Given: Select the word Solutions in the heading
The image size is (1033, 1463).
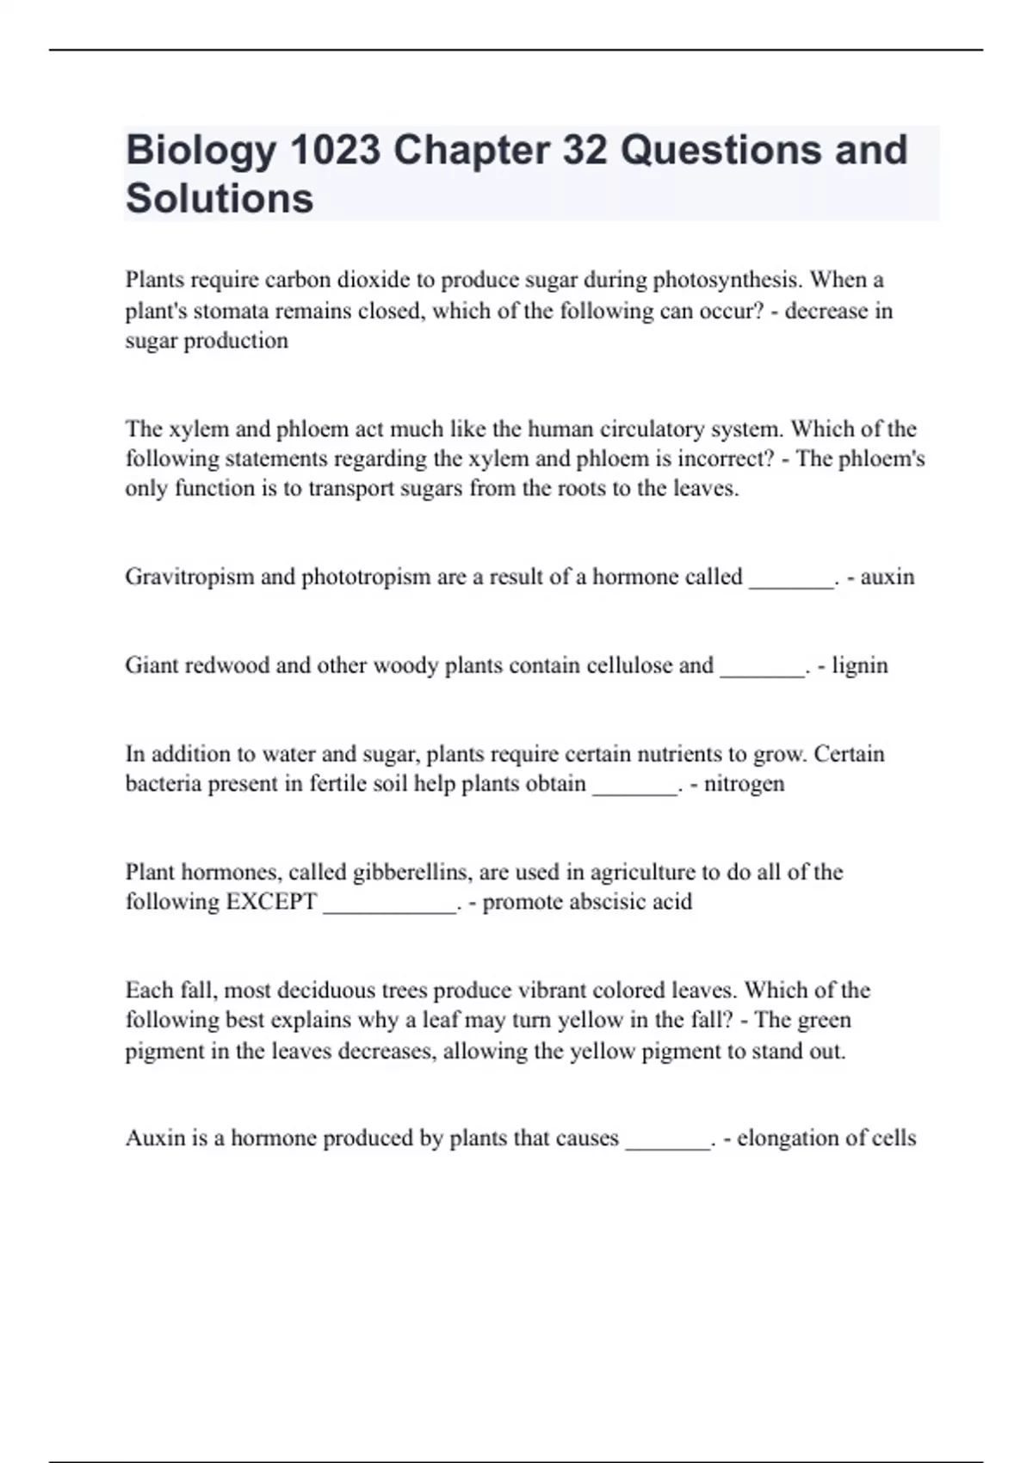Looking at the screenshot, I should [x=220, y=199].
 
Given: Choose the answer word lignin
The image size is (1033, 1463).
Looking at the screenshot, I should [x=859, y=665].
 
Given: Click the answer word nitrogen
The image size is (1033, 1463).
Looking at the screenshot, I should [x=744, y=784].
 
